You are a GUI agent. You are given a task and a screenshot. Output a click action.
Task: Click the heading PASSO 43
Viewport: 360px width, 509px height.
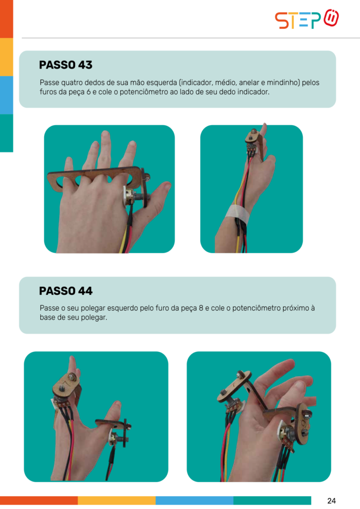[x=66, y=65]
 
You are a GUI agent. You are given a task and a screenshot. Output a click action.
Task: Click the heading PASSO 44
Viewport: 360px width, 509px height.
[x=66, y=291]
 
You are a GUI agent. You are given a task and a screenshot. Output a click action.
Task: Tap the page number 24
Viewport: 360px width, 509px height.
[x=332, y=501]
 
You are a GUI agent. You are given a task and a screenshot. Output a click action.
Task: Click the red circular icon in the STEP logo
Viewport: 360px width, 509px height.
[x=331, y=18]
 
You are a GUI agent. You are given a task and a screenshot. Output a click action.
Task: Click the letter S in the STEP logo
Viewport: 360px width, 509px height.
[x=281, y=20]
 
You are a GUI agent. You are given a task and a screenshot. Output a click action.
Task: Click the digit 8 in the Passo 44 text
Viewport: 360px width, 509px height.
[x=201, y=308]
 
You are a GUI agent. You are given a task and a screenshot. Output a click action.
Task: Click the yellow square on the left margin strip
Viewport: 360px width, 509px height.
[x=6, y=57]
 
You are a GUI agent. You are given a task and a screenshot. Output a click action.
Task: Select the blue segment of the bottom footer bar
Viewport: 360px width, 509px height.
[x=194, y=500]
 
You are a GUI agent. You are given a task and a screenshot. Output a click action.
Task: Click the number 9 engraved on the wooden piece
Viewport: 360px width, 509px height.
[x=305, y=423]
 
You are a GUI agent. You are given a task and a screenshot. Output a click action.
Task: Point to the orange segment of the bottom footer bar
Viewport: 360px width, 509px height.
[x=39, y=500]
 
